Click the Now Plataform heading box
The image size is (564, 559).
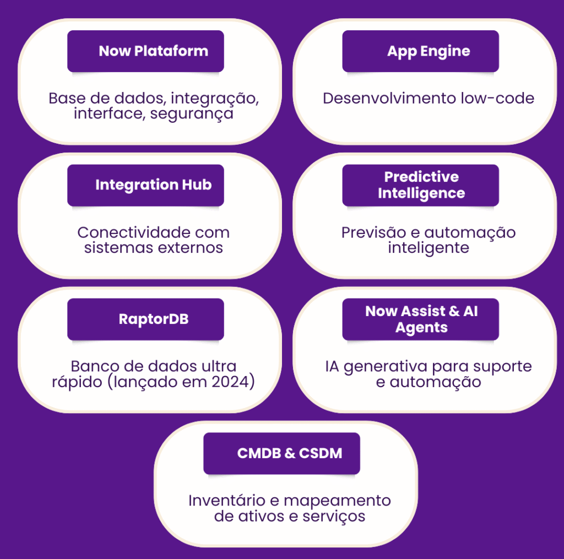click(x=145, y=51)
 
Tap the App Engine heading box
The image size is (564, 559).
click(x=420, y=51)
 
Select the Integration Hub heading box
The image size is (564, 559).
click(x=145, y=185)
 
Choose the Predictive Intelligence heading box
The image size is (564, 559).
click(x=420, y=185)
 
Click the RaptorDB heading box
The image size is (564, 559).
click(x=145, y=319)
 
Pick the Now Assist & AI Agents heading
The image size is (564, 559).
click(x=420, y=319)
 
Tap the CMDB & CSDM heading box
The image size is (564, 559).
click(x=281, y=453)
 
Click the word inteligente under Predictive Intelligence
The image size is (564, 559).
click(x=428, y=247)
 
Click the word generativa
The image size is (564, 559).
click(x=385, y=366)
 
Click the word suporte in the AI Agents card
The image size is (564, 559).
click(x=505, y=366)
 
